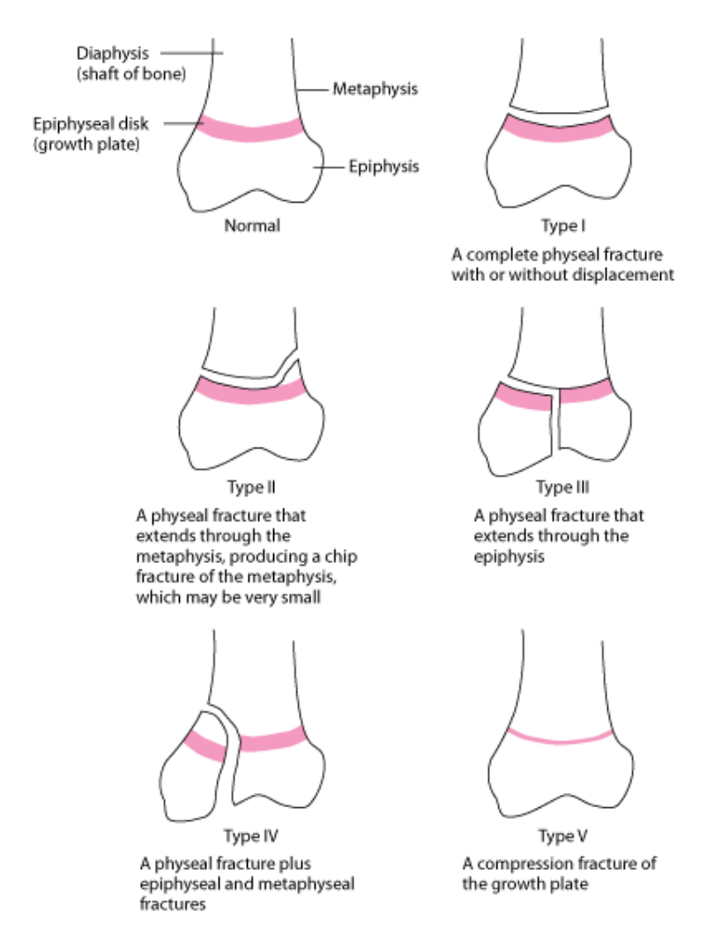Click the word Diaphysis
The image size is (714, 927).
pos(113,54)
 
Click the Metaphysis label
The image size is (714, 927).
pos(375,89)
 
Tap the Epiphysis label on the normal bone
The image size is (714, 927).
pos(383,167)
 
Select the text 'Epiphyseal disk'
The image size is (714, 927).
pos(91,124)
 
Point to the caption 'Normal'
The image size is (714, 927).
pos(252,226)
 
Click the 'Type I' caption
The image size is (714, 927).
pos(563,226)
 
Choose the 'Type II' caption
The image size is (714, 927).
pos(251,487)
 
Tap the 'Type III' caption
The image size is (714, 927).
pos(562,487)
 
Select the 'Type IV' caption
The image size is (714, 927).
pos(251,836)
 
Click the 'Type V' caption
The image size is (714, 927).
pos(562,836)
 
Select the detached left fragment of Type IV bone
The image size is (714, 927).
pos(195,768)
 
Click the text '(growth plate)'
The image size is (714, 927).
pos(86,145)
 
